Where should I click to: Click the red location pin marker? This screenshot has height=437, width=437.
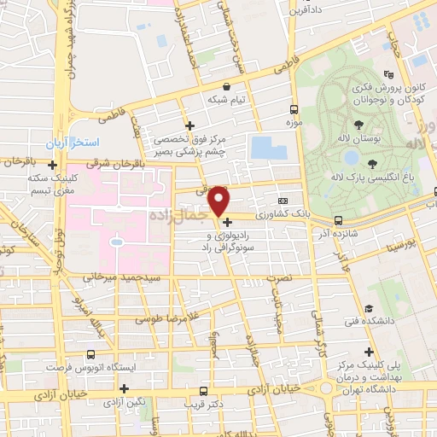[219, 201]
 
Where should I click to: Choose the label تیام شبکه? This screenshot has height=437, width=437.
[226, 99]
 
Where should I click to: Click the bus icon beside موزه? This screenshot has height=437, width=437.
[294, 109]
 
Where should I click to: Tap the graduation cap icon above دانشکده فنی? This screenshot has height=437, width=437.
[369, 308]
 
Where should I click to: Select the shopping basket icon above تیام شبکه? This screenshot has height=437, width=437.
[226, 86]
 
